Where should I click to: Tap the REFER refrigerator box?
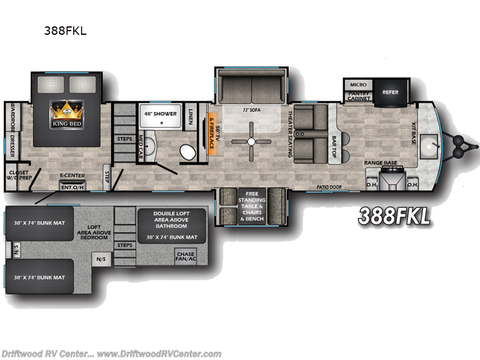(x=390, y=92)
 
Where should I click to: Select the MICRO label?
(x=358, y=85)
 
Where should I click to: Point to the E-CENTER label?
(x=71, y=176)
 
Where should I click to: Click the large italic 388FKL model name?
(x=394, y=216)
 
